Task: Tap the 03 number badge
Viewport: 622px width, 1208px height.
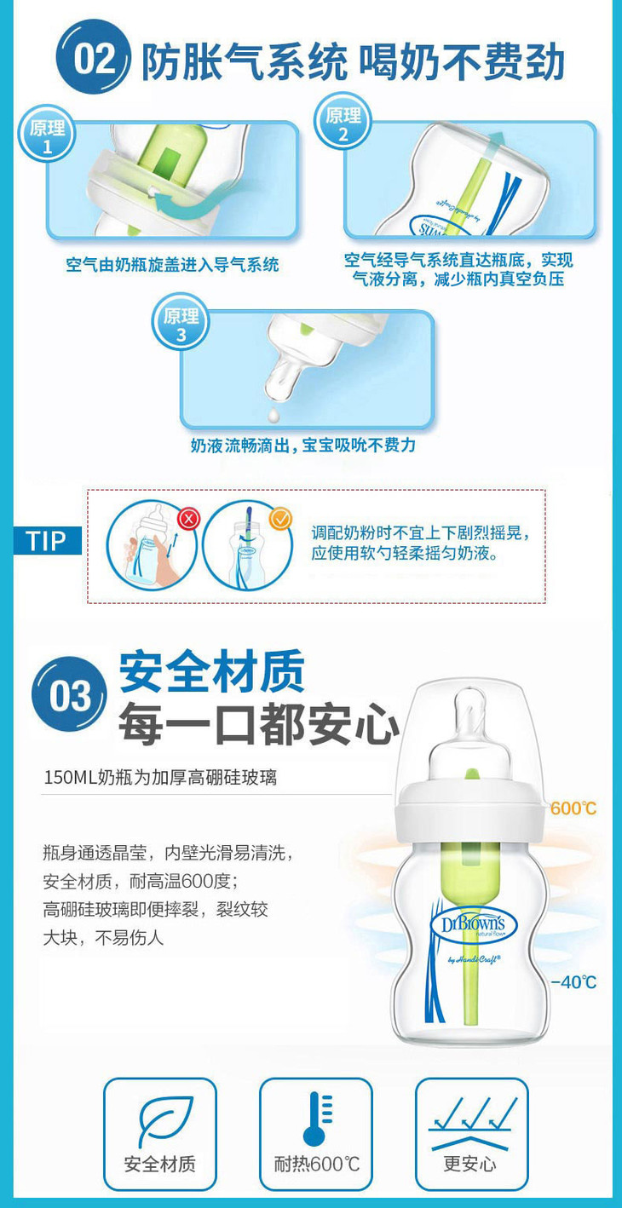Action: (69, 695)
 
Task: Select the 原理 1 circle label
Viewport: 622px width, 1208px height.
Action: (47, 135)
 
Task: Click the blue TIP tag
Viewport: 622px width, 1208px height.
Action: (48, 540)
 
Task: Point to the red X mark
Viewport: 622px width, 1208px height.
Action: (188, 520)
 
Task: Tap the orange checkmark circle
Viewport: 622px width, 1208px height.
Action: (280, 520)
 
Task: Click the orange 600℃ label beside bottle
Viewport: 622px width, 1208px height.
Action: (573, 808)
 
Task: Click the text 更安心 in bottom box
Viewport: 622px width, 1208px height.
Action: (469, 1164)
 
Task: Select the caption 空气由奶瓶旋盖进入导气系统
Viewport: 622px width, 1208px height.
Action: (173, 265)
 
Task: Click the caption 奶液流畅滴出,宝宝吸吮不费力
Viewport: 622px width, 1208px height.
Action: (302, 445)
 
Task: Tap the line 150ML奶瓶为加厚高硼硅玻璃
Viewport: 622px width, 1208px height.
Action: (160, 777)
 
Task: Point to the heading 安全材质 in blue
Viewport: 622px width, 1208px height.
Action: (212, 672)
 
